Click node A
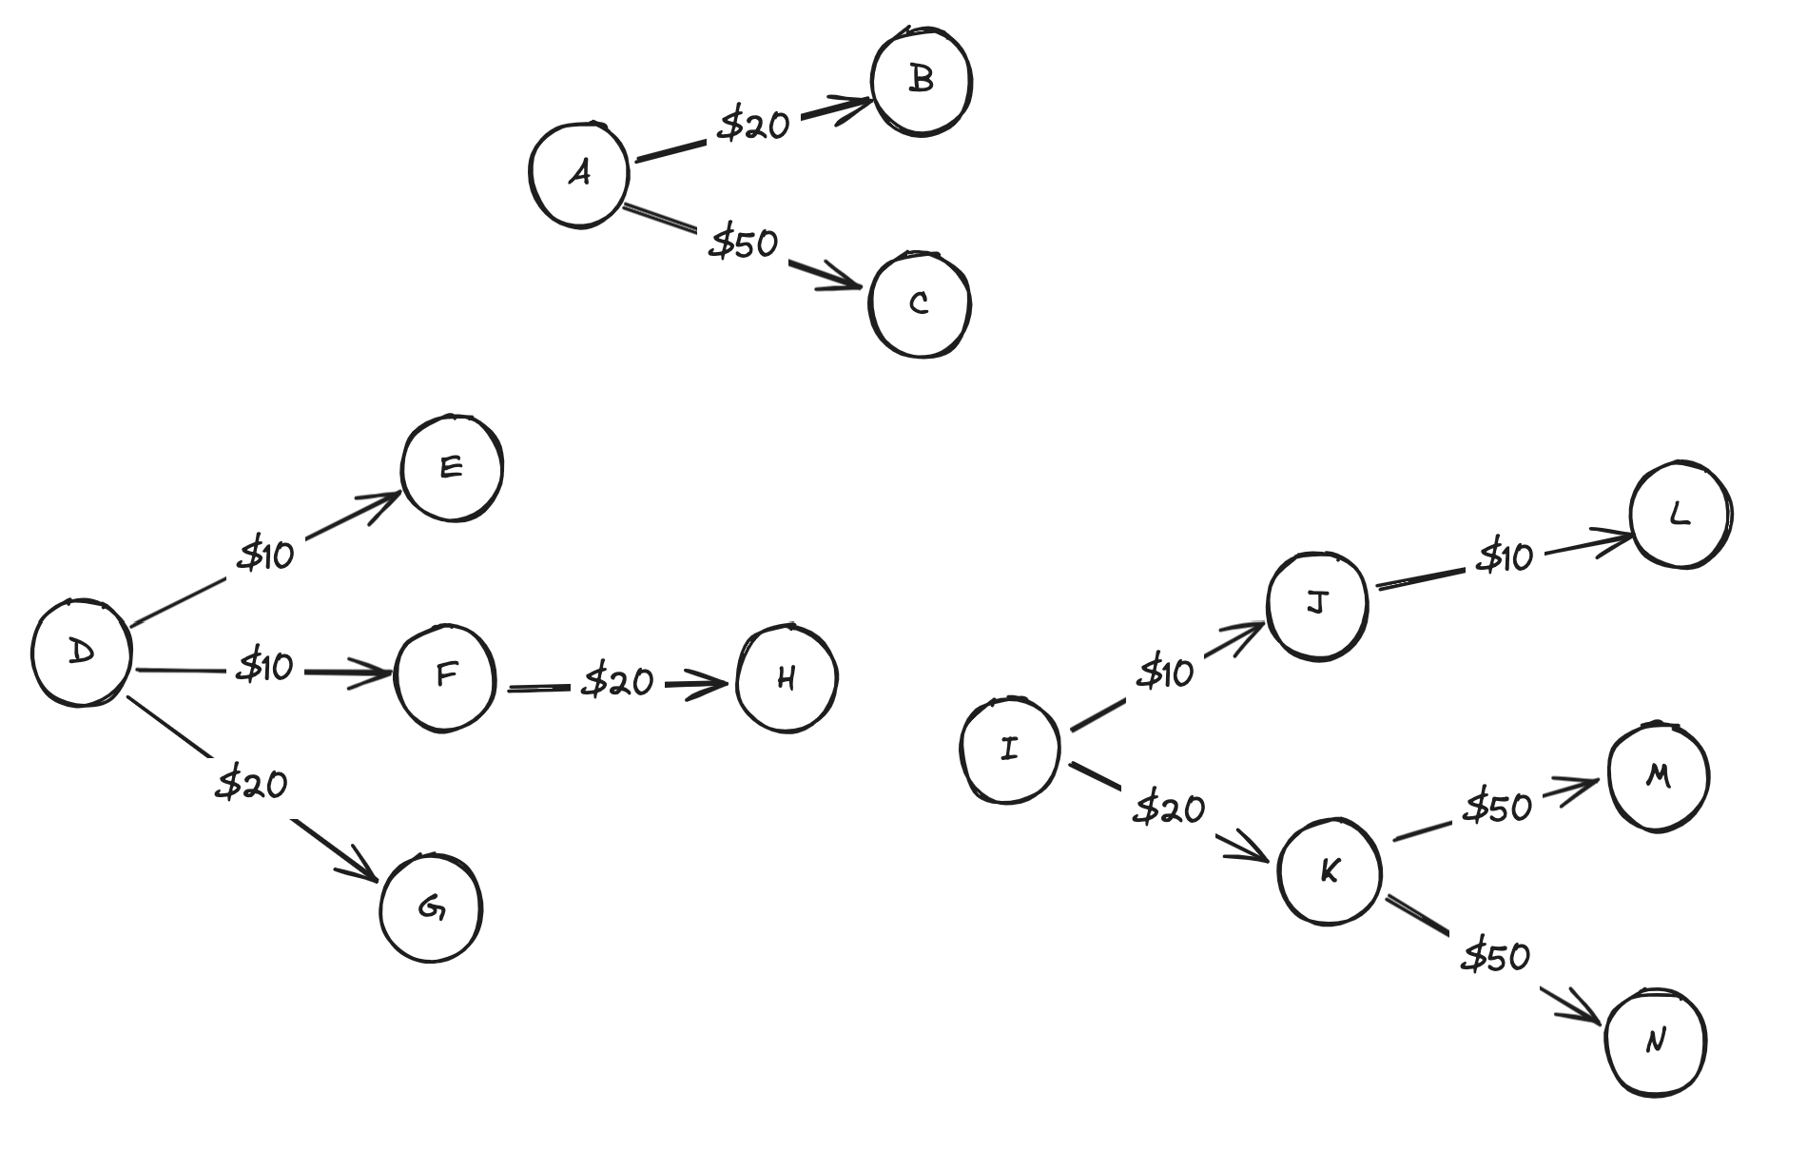pos(579,174)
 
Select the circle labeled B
pos(921,80)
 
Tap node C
pos(920,303)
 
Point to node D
pos(82,653)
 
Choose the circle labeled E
pos(452,467)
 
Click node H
pos(787,678)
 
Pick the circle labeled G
pos(431,908)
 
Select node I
pos(1009,750)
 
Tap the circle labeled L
pos(1680,516)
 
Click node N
pos(1656,1043)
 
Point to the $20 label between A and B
pos(753,125)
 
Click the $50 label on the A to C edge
pos(744,244)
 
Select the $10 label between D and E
pos(266,553)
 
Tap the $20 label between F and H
pos(619,681)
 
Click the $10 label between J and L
pos(1505,556)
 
